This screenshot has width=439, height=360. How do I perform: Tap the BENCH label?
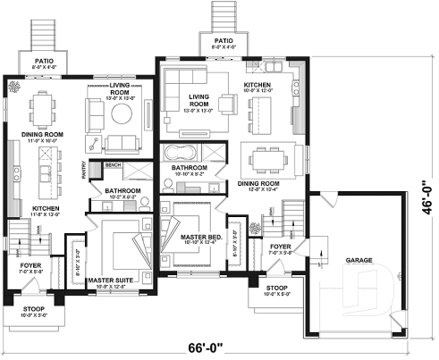tap(113, 164)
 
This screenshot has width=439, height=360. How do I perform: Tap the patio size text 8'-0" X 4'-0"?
tap(223, 46)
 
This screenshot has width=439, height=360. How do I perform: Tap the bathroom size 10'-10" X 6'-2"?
tap(189, 174)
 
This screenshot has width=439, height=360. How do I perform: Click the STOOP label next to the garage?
tap(268, 287)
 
